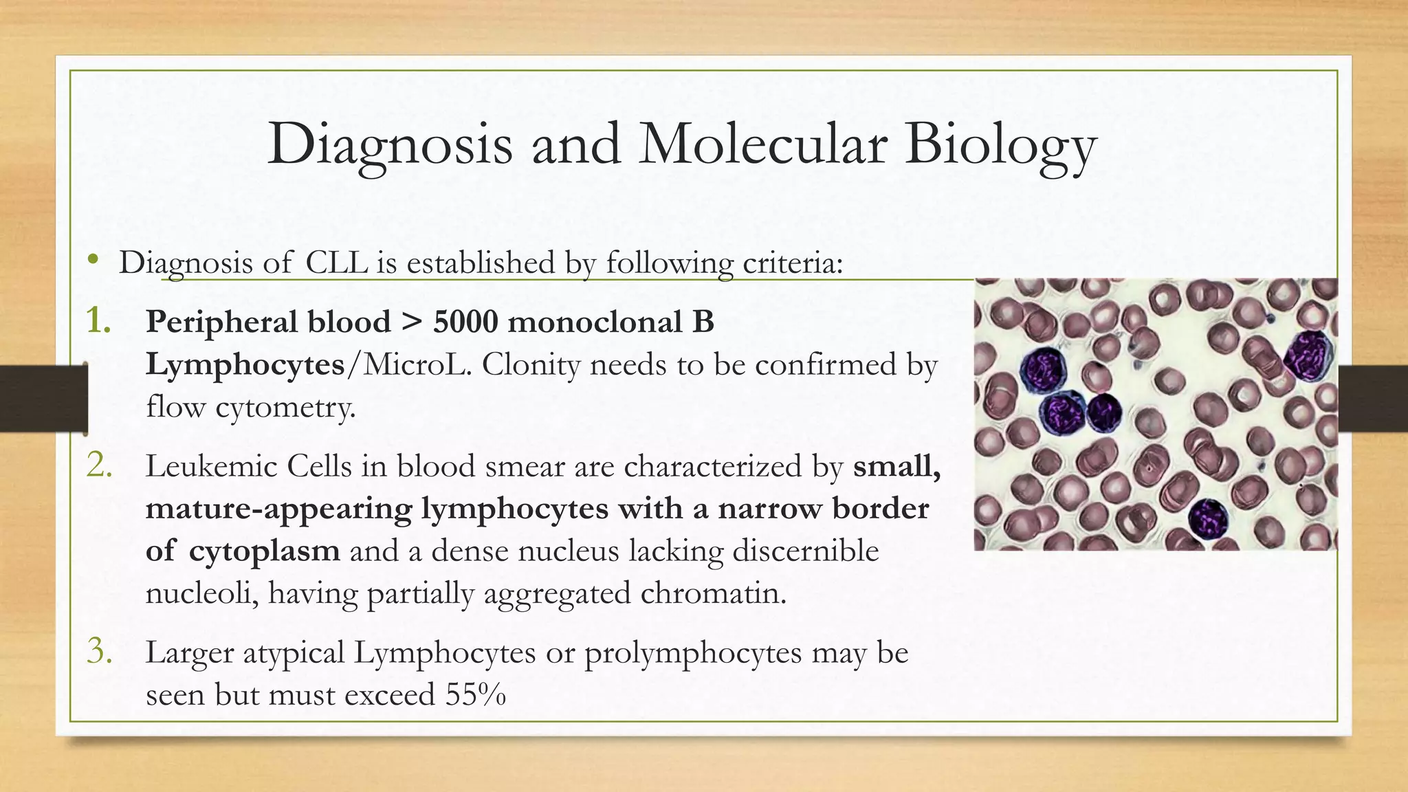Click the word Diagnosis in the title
click(x=390, y=145)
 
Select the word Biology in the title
click(x=1000, y=145)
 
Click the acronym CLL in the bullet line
click(x=336, y=263)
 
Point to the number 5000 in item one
click(x=465, y=322)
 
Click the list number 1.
click(x=100, y=321)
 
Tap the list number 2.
click(x=100, y=466)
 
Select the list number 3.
click(x=100, y=652)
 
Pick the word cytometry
click(x=285, y=408)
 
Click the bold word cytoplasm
click(x=264, y=551)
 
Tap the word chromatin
click(x=713, y=593)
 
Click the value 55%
click(x=475, y=694)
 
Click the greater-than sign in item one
click(x=411, y=322)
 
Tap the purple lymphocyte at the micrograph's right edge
click(x=1308, y=355)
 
